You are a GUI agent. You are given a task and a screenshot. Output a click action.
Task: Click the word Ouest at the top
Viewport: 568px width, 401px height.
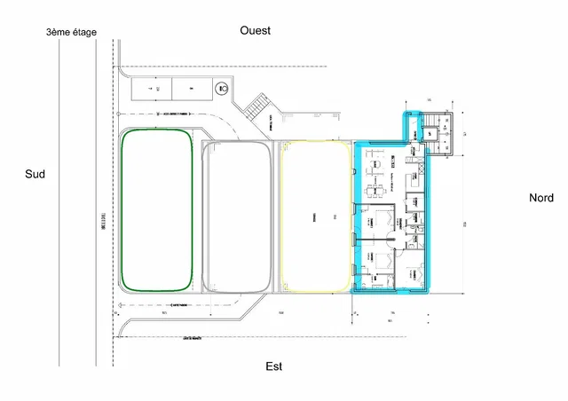[x=256, y=30]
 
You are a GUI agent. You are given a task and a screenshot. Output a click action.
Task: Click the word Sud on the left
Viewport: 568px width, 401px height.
[x=35, y=176]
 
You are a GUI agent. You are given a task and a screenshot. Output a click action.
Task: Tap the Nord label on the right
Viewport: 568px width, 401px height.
[x=540, y=198]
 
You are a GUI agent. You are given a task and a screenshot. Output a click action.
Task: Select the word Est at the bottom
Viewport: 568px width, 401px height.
[x=274, y=366]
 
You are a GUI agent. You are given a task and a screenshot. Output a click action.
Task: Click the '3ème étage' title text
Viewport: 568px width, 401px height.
[x=72, y=33]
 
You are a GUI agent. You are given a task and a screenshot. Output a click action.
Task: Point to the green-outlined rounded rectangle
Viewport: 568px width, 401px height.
[x=156, y=209]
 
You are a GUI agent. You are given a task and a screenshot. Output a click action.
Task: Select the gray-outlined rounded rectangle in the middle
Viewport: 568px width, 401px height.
[x=236, y=217]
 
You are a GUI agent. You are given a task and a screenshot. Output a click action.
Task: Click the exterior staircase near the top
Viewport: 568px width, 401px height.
[x=256, y=108]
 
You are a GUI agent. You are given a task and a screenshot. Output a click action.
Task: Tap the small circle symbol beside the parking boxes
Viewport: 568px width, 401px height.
[x=222, y=89]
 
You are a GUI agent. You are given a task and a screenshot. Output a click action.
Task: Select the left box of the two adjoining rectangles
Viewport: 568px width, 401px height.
[x=151, y=89]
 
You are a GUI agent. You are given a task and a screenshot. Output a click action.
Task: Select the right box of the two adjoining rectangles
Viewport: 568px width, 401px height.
[x=192, y=89]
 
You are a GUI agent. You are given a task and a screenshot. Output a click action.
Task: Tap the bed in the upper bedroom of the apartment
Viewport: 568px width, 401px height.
[x=383, y=218]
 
